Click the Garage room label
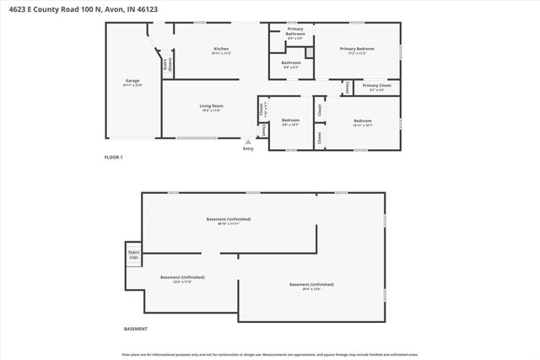pos(132,82)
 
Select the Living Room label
pos(211,106)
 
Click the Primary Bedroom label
pos(357,50)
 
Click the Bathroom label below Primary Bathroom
pos(291,63)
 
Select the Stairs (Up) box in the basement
pos(133,255)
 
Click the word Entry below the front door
pos(248,148)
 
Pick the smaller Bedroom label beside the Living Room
pos(290,121)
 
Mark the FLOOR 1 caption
pos(114,157)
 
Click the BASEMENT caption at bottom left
pos(136,329)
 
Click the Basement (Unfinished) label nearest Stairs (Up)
pos(182,278)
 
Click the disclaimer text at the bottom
pos(270,354)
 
